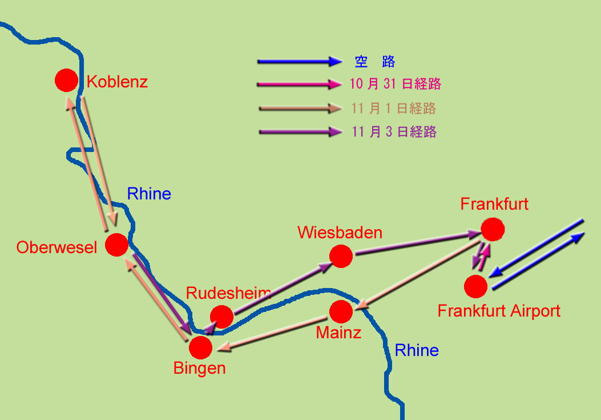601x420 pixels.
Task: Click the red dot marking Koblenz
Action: tap(66, 80)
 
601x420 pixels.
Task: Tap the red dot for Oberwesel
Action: tap(116, 245)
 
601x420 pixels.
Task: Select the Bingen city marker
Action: tap(200, 347)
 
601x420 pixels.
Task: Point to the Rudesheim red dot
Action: tap(221, 317)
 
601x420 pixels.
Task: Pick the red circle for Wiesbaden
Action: tap(341, 256)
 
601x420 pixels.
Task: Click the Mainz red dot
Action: tap(341, 312)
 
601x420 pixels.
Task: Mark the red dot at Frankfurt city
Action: tap(493, 229)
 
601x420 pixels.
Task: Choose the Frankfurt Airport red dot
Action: tap(475, 286)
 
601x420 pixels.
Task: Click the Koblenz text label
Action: tap(117, 82)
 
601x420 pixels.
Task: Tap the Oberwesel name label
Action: tap(57, 247)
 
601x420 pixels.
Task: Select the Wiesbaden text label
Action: tap(340, 233)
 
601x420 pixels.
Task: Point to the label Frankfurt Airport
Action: tap(499, 311)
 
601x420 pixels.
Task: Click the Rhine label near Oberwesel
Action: tap(149, 194)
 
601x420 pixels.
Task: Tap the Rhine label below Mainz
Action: tap(417, 350)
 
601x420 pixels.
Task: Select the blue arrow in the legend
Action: tap(300, 61)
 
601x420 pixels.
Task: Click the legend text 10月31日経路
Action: tap(395, 83)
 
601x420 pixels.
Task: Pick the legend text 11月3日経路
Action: tap(394, 131)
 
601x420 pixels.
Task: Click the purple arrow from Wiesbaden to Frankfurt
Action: tap(418, 243)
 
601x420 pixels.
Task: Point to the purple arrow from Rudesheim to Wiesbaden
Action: tap(283, 288)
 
